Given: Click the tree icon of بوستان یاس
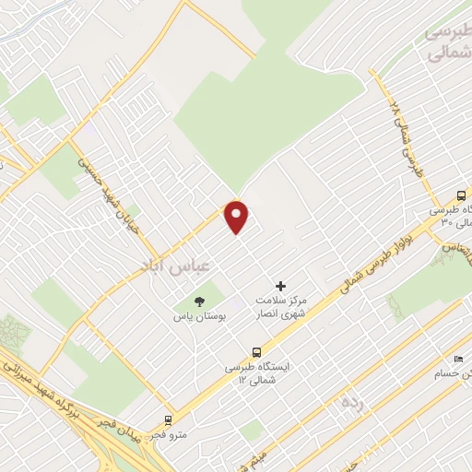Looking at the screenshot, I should click(x=197, y=301).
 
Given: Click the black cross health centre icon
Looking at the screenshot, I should click(x=281, y=287).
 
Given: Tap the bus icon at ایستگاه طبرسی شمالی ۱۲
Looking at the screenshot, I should click(x=257, y=351).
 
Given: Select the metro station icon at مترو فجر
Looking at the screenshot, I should click(x=168, y=419).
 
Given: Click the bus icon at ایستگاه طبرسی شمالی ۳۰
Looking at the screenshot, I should click(x=461, y=195).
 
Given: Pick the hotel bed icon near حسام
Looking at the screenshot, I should click(x=458, y=360).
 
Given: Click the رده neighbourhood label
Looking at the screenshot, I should click(x=350, y=401).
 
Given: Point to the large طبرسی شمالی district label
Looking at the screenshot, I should click(x=448, y=41).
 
